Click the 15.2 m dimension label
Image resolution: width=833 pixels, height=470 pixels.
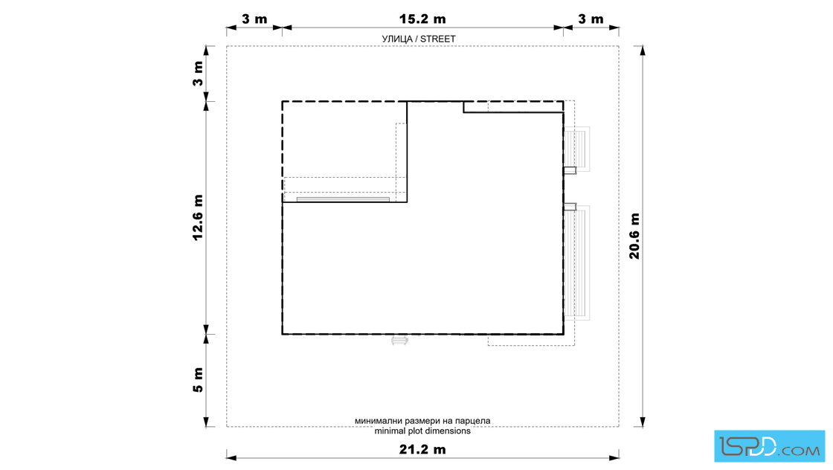[422, 19]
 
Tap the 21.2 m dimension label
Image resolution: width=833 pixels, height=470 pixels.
[422, 449]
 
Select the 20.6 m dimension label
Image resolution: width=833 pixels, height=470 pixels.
[634, 236]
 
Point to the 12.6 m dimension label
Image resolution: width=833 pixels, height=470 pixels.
[198, 217]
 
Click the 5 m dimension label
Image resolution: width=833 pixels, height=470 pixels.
[198, 380]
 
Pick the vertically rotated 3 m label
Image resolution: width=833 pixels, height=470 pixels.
[198, 74]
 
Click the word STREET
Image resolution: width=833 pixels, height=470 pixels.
[438, 39]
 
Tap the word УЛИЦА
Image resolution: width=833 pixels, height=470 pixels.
[397, 39]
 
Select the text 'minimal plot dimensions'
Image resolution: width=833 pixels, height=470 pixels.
[422, 431]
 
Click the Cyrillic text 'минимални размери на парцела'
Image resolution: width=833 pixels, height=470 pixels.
[422, 421]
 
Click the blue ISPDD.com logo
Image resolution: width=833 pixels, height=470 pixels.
[769, 446]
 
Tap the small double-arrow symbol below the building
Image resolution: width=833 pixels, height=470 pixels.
[399, 341]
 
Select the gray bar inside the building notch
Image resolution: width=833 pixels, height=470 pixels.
[343, 200]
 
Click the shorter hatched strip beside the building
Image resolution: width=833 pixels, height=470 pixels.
[576, 149]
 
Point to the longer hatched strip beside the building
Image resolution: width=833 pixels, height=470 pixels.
[576, 263]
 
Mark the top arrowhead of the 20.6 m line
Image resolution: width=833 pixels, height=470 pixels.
[643, 51]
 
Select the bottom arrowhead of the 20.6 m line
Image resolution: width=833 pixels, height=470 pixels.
[643, 422]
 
